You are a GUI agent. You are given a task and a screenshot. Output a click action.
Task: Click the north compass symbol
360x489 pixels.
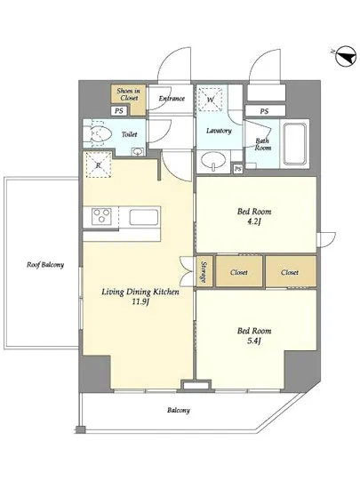pos(345,56)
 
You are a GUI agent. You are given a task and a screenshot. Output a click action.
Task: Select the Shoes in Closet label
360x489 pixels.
pos(128,94)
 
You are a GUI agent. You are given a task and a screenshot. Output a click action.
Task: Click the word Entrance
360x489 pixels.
pos(172,99)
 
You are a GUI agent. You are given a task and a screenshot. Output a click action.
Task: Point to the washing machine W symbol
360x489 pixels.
pos(211,99)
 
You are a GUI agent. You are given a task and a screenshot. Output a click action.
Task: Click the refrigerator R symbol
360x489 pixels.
pos(99,164)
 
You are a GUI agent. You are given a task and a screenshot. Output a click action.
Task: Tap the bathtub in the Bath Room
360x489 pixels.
pos(294,144)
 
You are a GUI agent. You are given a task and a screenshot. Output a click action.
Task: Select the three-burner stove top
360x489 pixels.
pos(101,216)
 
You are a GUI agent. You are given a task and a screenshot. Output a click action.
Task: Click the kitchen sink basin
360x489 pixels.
pos(144,217)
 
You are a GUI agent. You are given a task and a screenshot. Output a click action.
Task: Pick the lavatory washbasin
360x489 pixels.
pos(213,161)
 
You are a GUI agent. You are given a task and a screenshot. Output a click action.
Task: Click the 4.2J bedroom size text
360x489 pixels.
pos(254,221)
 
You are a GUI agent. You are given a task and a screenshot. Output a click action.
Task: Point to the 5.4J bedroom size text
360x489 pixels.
pos(254,341)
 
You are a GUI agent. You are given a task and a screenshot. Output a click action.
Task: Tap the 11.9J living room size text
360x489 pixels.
pos(140,302)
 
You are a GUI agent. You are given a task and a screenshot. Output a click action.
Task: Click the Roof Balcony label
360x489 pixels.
pos(45,265)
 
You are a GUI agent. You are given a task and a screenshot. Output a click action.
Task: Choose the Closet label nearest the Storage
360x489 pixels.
pos(239,272)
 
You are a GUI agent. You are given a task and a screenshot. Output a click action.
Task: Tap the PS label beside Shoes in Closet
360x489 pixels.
pos(119,111)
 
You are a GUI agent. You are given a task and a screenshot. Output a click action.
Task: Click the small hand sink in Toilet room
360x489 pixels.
pos(138,151)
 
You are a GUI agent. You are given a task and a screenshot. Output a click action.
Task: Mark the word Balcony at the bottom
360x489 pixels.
pos(179,410)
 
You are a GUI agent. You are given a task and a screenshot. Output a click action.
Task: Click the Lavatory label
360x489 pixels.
pos(219,131)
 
